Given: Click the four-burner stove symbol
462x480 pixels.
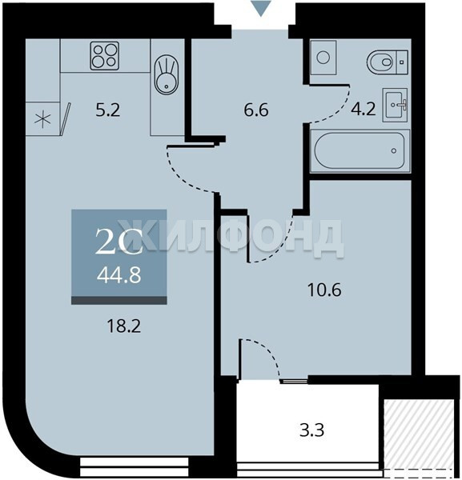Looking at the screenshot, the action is [x=104, y=56].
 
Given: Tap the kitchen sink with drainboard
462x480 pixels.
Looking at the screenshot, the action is [x=166, y=74].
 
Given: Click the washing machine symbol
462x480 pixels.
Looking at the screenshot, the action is [x=323, y=58].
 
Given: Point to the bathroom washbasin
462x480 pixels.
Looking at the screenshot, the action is [x=395, y=105].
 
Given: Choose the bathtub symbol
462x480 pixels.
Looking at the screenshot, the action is [x=360, y=150].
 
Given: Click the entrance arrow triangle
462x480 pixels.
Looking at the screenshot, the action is [x=261, y=8].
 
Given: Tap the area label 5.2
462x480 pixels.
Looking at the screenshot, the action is [x=108, y=110].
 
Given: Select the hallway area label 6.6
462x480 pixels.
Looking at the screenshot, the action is [x=256, y=110].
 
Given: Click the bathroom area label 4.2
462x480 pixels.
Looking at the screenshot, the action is [x=363, y=109].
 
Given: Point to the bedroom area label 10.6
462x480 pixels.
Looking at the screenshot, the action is [x=324, y=290].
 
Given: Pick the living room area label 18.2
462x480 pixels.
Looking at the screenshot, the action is [x=124, y=326].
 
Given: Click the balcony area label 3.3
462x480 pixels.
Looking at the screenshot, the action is [x=311, y=430].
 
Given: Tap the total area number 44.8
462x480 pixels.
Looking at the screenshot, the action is [x=119, y=275].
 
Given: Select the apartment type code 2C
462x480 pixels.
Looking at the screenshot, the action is [x=119, y=242].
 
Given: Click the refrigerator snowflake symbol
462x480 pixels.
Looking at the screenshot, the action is [x=42, y=119].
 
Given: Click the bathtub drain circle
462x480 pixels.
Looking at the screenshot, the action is [x=394, y=150].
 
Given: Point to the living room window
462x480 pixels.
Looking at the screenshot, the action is [x=135, y=467].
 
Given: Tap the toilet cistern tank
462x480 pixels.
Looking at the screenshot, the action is [x=402, y=62].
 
